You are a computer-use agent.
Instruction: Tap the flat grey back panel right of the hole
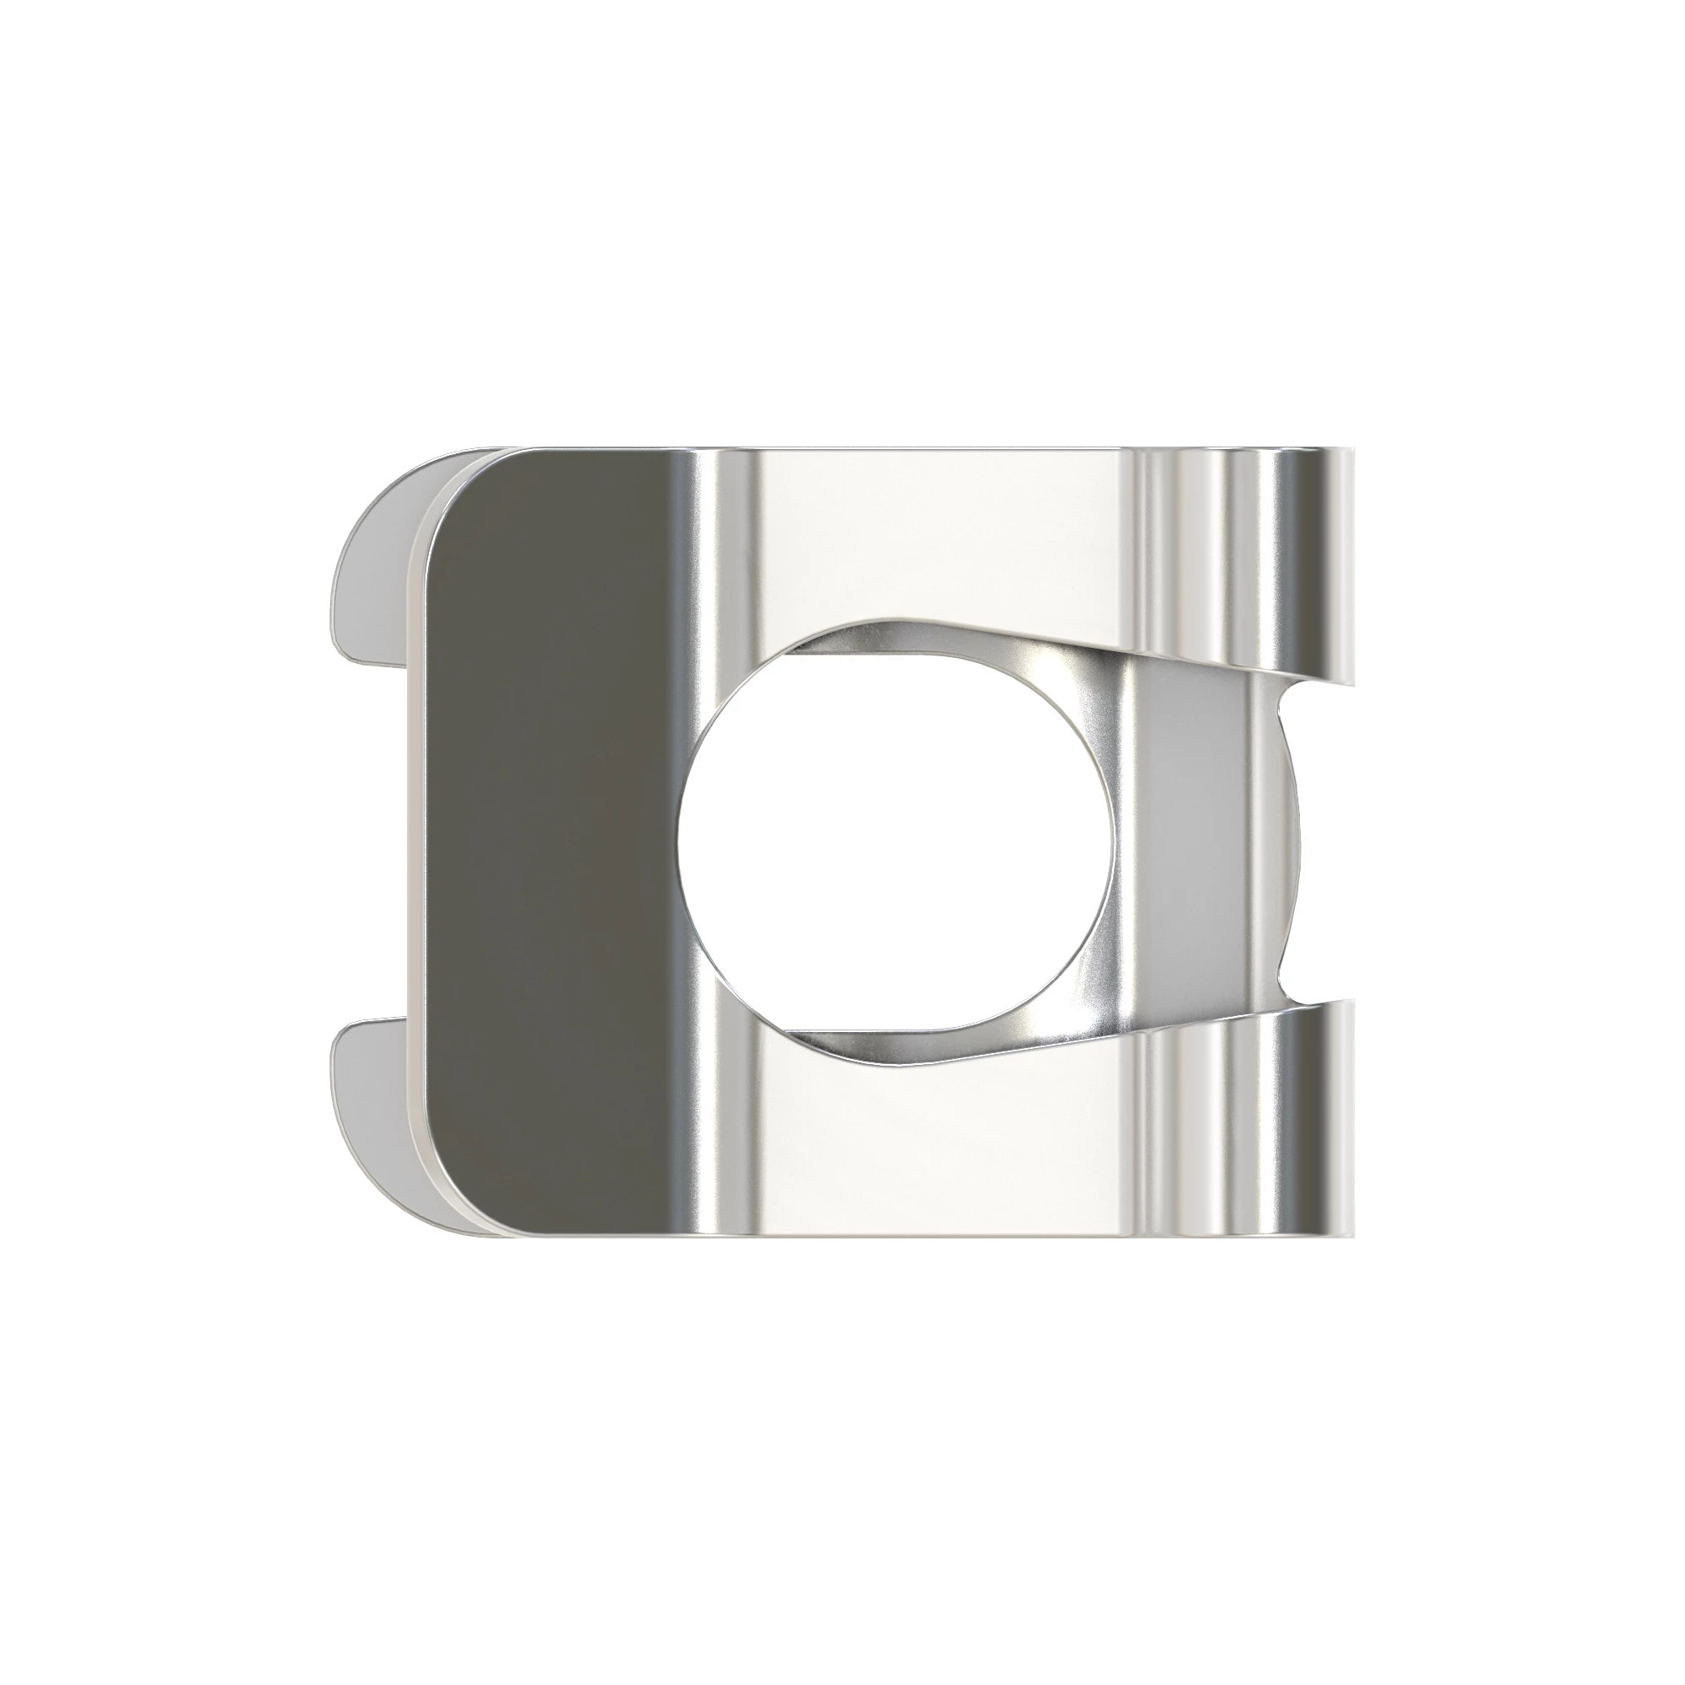(1195, 842)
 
